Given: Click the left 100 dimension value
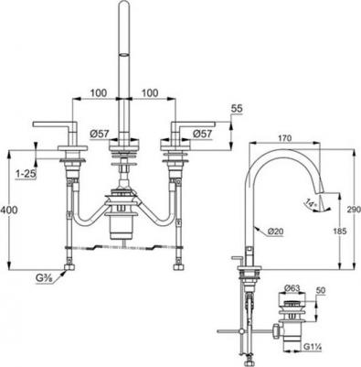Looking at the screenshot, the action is click(x=98, y=92).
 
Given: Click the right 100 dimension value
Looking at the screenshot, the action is click(x=149, y=92).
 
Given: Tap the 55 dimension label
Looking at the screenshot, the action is click(x=238, y=109).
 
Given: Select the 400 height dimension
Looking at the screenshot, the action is click(x=9, y=210).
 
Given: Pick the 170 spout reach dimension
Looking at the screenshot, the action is click(x=285, y=138).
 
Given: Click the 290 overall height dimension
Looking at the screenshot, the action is click(x=354, y=210).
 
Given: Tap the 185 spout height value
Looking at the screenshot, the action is click(x=340, y=231).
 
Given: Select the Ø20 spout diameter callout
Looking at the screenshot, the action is click(x=275, y=232).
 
